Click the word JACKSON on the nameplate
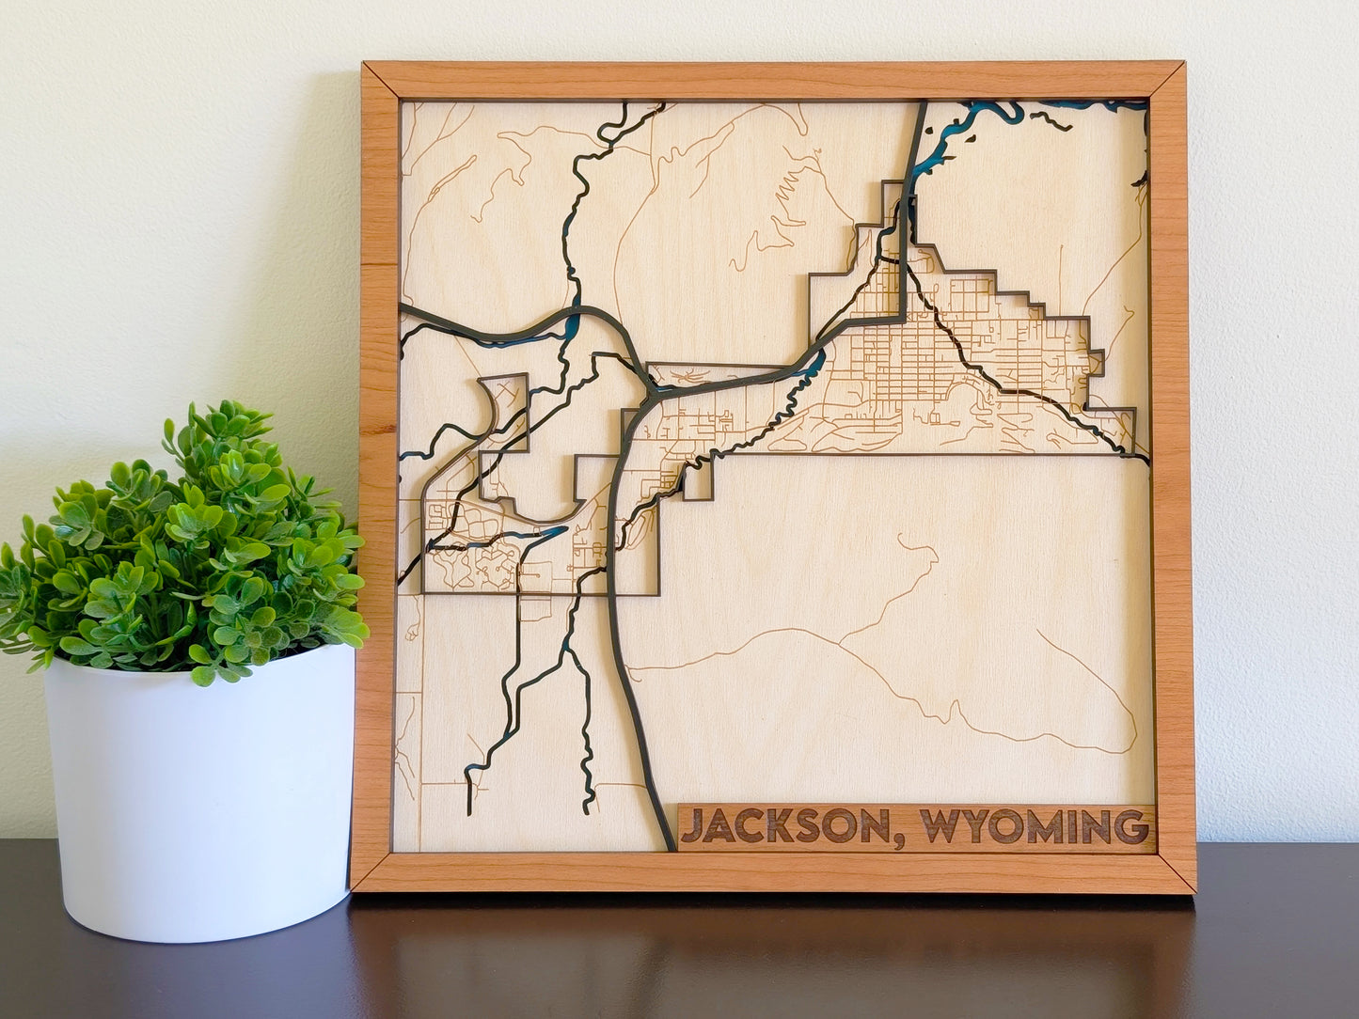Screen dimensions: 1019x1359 (784, 826)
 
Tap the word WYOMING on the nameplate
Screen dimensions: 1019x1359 (1034, 826)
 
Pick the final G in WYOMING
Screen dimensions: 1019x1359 (1132, 826)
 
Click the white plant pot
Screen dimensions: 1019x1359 (198, 799)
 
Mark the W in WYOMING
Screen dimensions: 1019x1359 (939, 826)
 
